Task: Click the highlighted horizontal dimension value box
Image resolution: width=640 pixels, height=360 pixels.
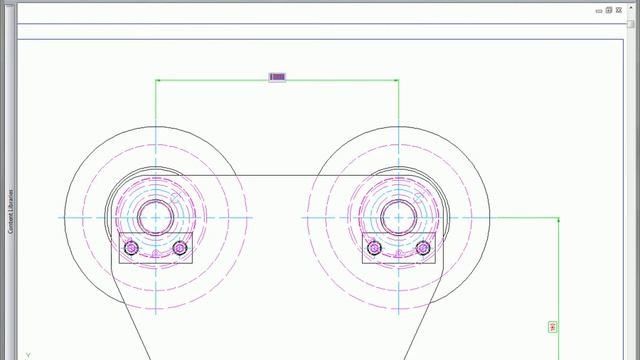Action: coord(278,77)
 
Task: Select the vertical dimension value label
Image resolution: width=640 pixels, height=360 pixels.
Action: coord(553,327)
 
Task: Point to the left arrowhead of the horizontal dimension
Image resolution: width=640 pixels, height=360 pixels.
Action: coord(158,80)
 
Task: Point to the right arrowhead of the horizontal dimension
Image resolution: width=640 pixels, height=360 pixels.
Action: coord(396,80)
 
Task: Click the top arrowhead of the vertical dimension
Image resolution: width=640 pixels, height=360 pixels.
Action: coord(558,219)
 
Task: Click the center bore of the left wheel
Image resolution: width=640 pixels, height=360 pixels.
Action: coord(155,216)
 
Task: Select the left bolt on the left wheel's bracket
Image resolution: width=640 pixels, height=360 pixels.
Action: coord(130,248)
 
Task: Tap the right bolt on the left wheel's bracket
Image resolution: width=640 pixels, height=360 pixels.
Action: coord(180,248)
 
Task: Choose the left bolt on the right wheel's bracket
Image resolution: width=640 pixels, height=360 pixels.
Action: coord(373,248)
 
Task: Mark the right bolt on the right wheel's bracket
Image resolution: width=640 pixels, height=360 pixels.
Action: coord(423,248)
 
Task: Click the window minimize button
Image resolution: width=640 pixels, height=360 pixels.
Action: coord(597,9)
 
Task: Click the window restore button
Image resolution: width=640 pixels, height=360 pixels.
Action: coord(609,9)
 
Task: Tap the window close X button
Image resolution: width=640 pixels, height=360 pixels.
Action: coord(620,9)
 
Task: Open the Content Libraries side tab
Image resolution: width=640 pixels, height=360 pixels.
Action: coord(10,211)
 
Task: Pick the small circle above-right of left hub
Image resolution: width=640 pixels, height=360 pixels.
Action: coord(176,197)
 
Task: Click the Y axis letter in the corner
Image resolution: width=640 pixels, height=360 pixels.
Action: coord(28,355)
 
